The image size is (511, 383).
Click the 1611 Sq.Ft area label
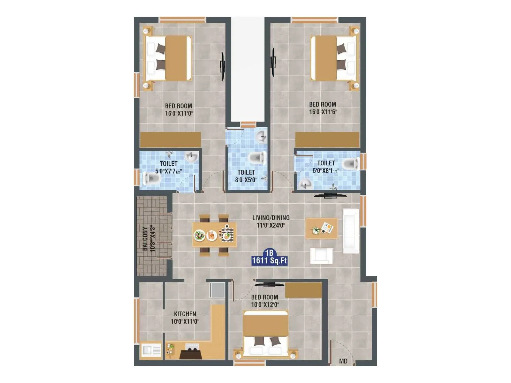tap(270, 261)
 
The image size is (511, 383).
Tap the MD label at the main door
tap(343, 361)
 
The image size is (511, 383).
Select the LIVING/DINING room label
tap(271, 218)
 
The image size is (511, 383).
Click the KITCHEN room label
tap(185, 314)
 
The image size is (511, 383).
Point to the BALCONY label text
tap(145, 238)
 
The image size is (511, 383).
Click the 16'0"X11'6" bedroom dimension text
tap(323, 112)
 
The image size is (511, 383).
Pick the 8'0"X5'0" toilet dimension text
tap(246, 180)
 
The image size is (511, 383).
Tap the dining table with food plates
tap(214, 235)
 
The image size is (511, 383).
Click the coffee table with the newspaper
tap(321, 228)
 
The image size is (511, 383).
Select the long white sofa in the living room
tap(350, 231)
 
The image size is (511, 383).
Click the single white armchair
tap(321, 256)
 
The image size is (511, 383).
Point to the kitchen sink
tap(151, 350)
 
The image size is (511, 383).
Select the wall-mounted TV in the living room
tap(330, 195)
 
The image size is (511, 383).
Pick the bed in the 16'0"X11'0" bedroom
tap(168, 58)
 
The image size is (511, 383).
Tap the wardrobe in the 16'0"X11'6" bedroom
tap(327, 140)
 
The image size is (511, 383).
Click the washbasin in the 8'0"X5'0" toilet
tap(262, 137)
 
